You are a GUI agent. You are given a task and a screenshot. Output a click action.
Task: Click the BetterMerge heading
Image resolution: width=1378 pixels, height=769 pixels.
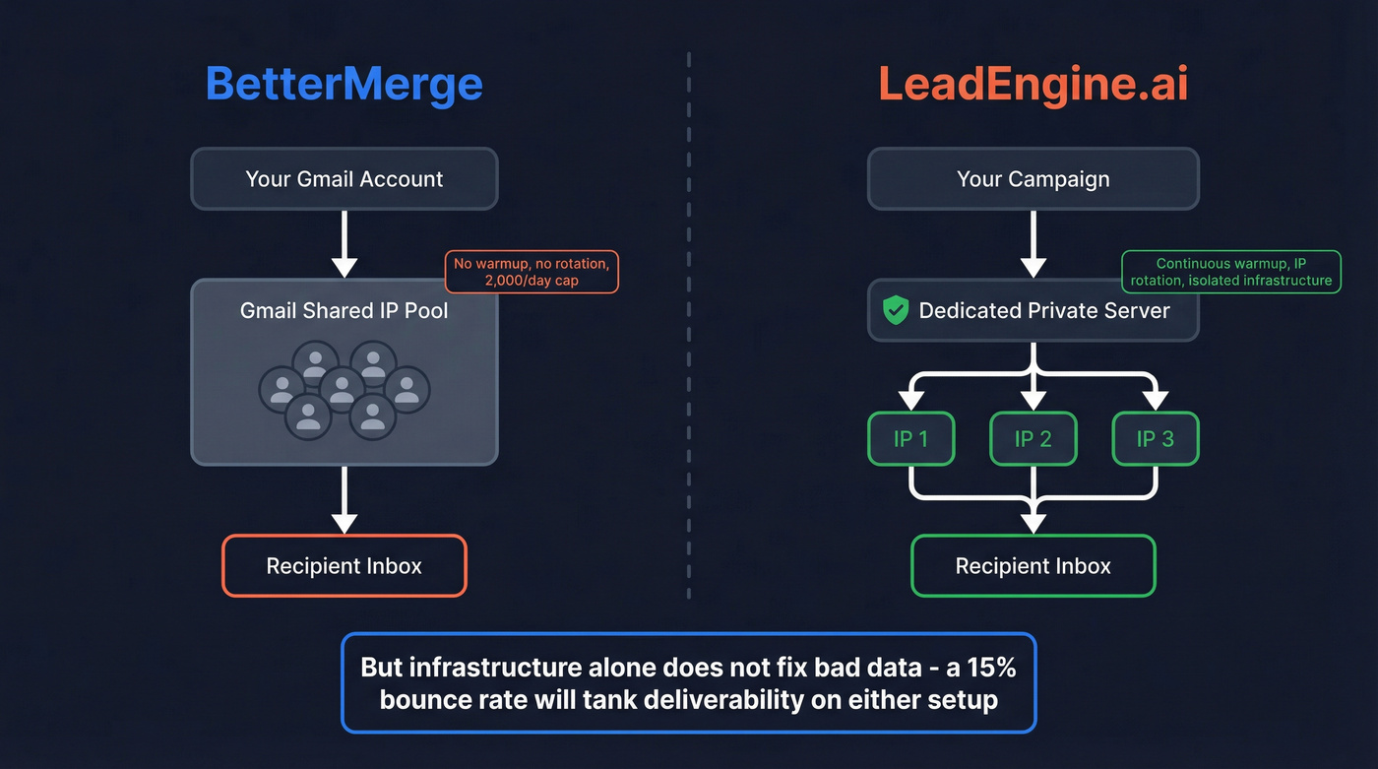coord(344,84)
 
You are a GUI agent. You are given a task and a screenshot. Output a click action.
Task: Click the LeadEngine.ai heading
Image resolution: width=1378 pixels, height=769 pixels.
coord(1033,84)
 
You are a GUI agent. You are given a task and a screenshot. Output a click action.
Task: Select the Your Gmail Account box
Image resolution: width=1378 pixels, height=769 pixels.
coord(344,179)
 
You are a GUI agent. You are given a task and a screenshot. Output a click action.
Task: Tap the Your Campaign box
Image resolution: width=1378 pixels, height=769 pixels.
coord(1033,179)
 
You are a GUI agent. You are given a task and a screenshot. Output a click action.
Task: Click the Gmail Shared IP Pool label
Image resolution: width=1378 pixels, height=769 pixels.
coord(344,311)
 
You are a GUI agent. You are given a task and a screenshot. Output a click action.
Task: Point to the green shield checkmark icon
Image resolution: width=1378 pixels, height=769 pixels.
coord(895,311)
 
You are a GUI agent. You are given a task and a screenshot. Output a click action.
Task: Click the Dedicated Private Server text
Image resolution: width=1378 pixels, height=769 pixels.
coord(1043,311)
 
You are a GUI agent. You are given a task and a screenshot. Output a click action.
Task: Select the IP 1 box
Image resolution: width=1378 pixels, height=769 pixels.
coord(910,439)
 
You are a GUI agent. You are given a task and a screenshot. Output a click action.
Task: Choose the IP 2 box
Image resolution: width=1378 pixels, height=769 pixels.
coord(1033,439)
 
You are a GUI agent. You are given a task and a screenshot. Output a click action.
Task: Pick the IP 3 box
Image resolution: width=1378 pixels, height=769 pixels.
coord(1156,439)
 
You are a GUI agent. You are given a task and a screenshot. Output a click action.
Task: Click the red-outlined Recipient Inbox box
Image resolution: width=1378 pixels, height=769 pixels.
coord(344,566)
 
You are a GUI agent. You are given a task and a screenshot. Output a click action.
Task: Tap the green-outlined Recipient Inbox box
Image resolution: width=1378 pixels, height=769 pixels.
coord(1033,566)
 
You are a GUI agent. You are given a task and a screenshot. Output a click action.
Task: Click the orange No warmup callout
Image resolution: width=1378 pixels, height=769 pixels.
coord(532,272)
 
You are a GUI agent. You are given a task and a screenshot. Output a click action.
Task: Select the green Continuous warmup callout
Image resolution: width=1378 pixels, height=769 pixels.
coord(1231,272)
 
